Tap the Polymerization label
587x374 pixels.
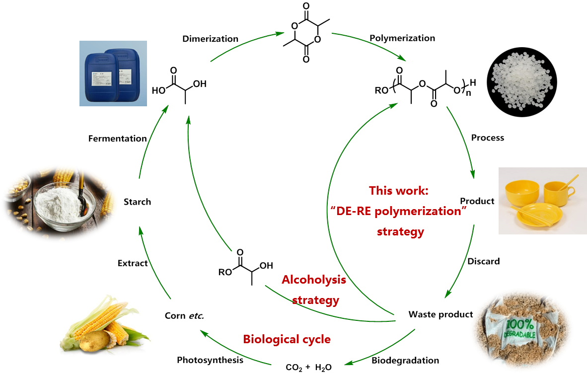[x=403, y=38]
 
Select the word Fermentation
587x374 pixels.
[x=118, y=139]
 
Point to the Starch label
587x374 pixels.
[x=137, y=202]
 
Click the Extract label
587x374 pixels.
[x=133, y=263]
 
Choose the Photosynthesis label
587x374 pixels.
[x=210, y=360]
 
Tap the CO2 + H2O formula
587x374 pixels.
[x=308, y=368]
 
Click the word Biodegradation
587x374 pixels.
[x=405, y=360]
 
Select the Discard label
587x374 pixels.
[x=483, y=261]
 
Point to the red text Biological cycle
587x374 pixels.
[x=287, y=340]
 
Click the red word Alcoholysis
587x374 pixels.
[x=313, y=280]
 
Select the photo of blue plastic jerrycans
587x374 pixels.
[x=113, y=73]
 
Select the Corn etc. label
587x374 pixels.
[x=183, y=315]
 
